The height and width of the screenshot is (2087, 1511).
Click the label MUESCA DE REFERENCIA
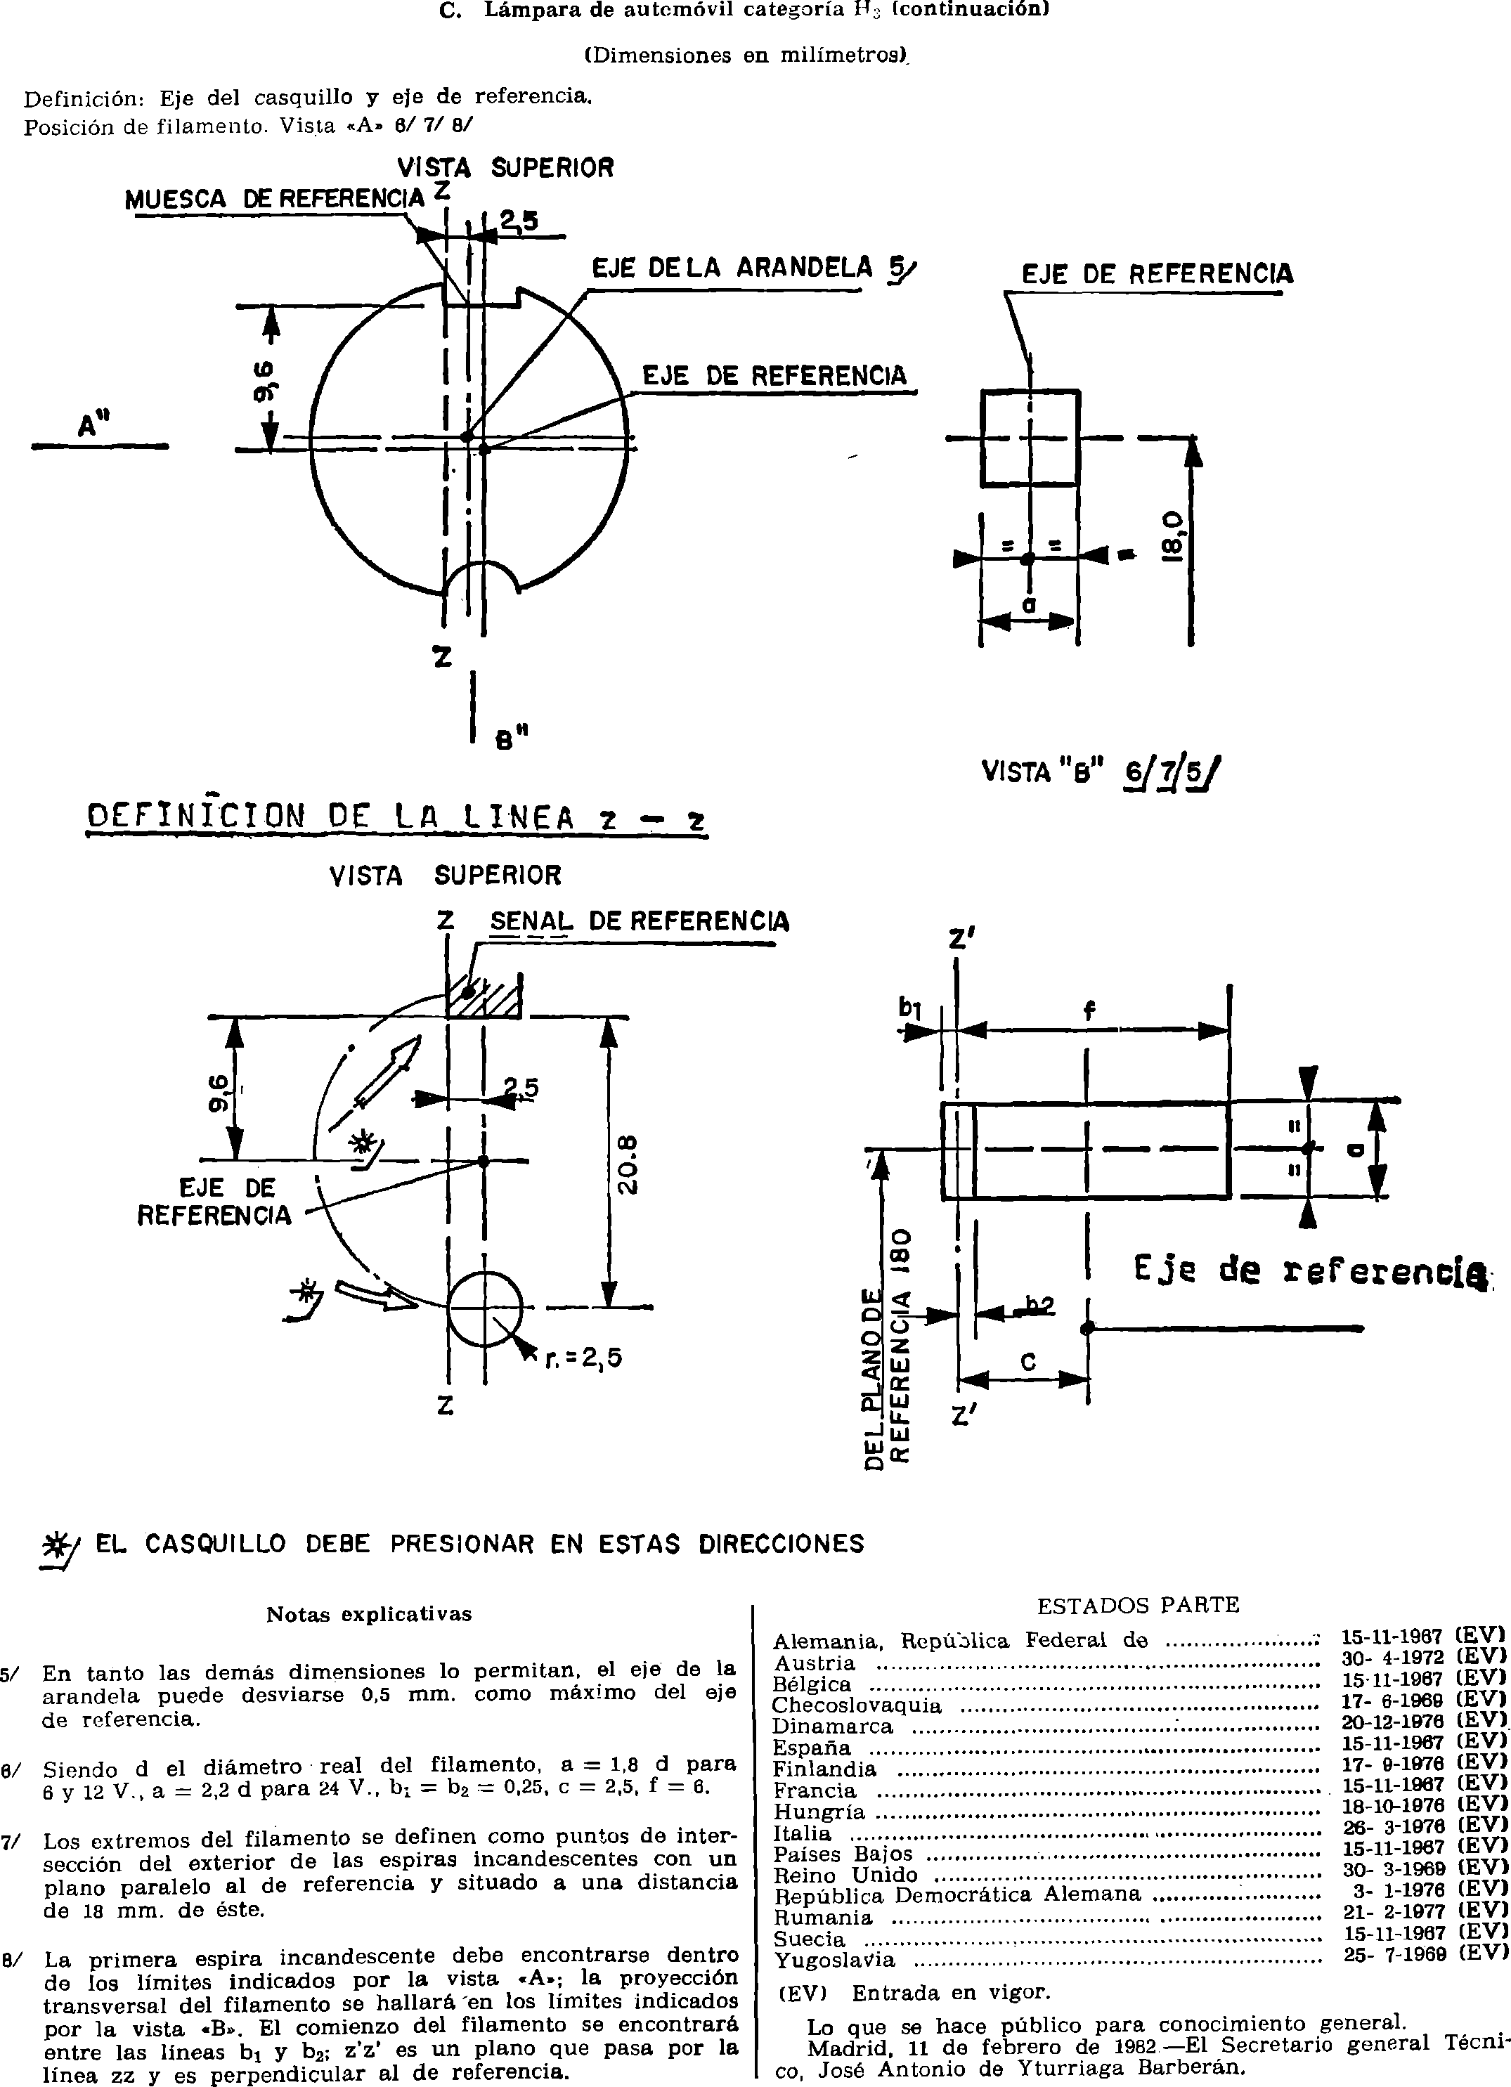point(274,198)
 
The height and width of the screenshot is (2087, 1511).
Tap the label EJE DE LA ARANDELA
point(732,268)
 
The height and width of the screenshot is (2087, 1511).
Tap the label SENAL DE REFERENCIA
point(640,921)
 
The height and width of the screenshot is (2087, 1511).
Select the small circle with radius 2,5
point(485,1308)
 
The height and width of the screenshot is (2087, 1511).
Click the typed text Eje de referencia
point(1311,1272)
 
